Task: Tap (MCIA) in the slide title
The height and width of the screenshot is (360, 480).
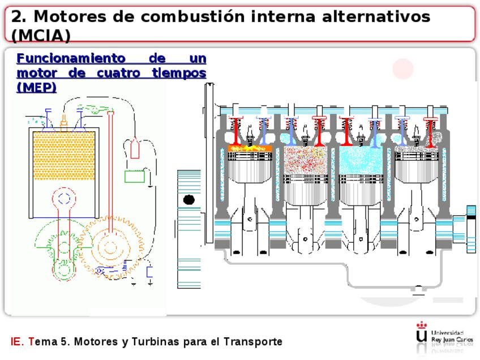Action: pos(41,36)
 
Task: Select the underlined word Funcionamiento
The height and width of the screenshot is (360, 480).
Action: pos(63,58)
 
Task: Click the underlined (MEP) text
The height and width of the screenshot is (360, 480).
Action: pos(36,87)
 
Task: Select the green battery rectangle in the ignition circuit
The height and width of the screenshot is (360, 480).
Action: pos(135,176)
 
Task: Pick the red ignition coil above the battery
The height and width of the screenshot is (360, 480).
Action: pos(135,149)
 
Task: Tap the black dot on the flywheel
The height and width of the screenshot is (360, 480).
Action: pos(189,200)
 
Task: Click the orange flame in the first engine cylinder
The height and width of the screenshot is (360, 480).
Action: pos(250,148)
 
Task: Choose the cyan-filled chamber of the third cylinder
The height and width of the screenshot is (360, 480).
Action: pos(361,160)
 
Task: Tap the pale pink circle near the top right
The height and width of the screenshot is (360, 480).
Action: pos(403,68)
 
